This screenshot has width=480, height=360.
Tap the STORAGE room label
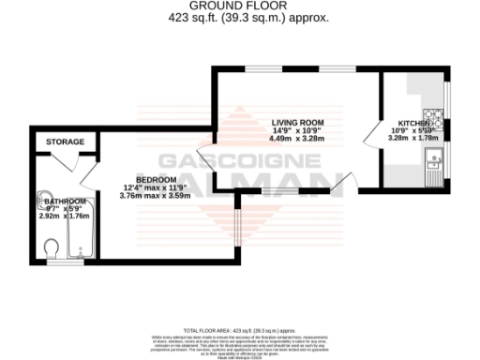tap(66, 142)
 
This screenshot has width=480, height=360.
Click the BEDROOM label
tap(156, 179)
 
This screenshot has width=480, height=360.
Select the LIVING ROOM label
tap(297, 123)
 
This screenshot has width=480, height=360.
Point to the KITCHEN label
tap(413, 124)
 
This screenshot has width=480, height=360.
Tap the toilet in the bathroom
tap(52, 247)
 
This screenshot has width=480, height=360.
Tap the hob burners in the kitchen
tap(437, 122)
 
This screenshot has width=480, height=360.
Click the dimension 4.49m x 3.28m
tap(297, 139)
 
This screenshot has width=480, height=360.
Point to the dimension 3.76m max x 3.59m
tap(156, 195)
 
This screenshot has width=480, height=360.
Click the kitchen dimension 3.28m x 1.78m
tap(413, 139)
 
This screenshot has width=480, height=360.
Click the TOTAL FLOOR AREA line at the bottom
tap(239, 331)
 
